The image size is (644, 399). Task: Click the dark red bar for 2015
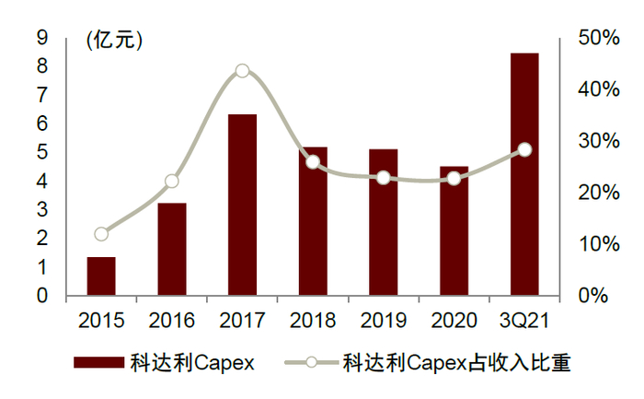[101, 276]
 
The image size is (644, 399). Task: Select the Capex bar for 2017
[242, 205]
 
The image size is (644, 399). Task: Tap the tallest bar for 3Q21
[524, 175]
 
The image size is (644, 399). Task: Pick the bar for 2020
[454, 231]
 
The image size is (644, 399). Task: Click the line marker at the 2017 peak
[242, 71]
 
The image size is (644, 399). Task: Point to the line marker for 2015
[101, 234]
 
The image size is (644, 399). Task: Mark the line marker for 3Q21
[524, 149]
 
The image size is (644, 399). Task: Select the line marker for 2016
[172, 181]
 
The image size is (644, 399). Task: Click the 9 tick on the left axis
[41, 38]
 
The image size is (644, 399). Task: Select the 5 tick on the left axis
[41, 153]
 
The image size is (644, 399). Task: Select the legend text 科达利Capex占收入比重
[456, 363]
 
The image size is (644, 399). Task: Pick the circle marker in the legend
[311, 363]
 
